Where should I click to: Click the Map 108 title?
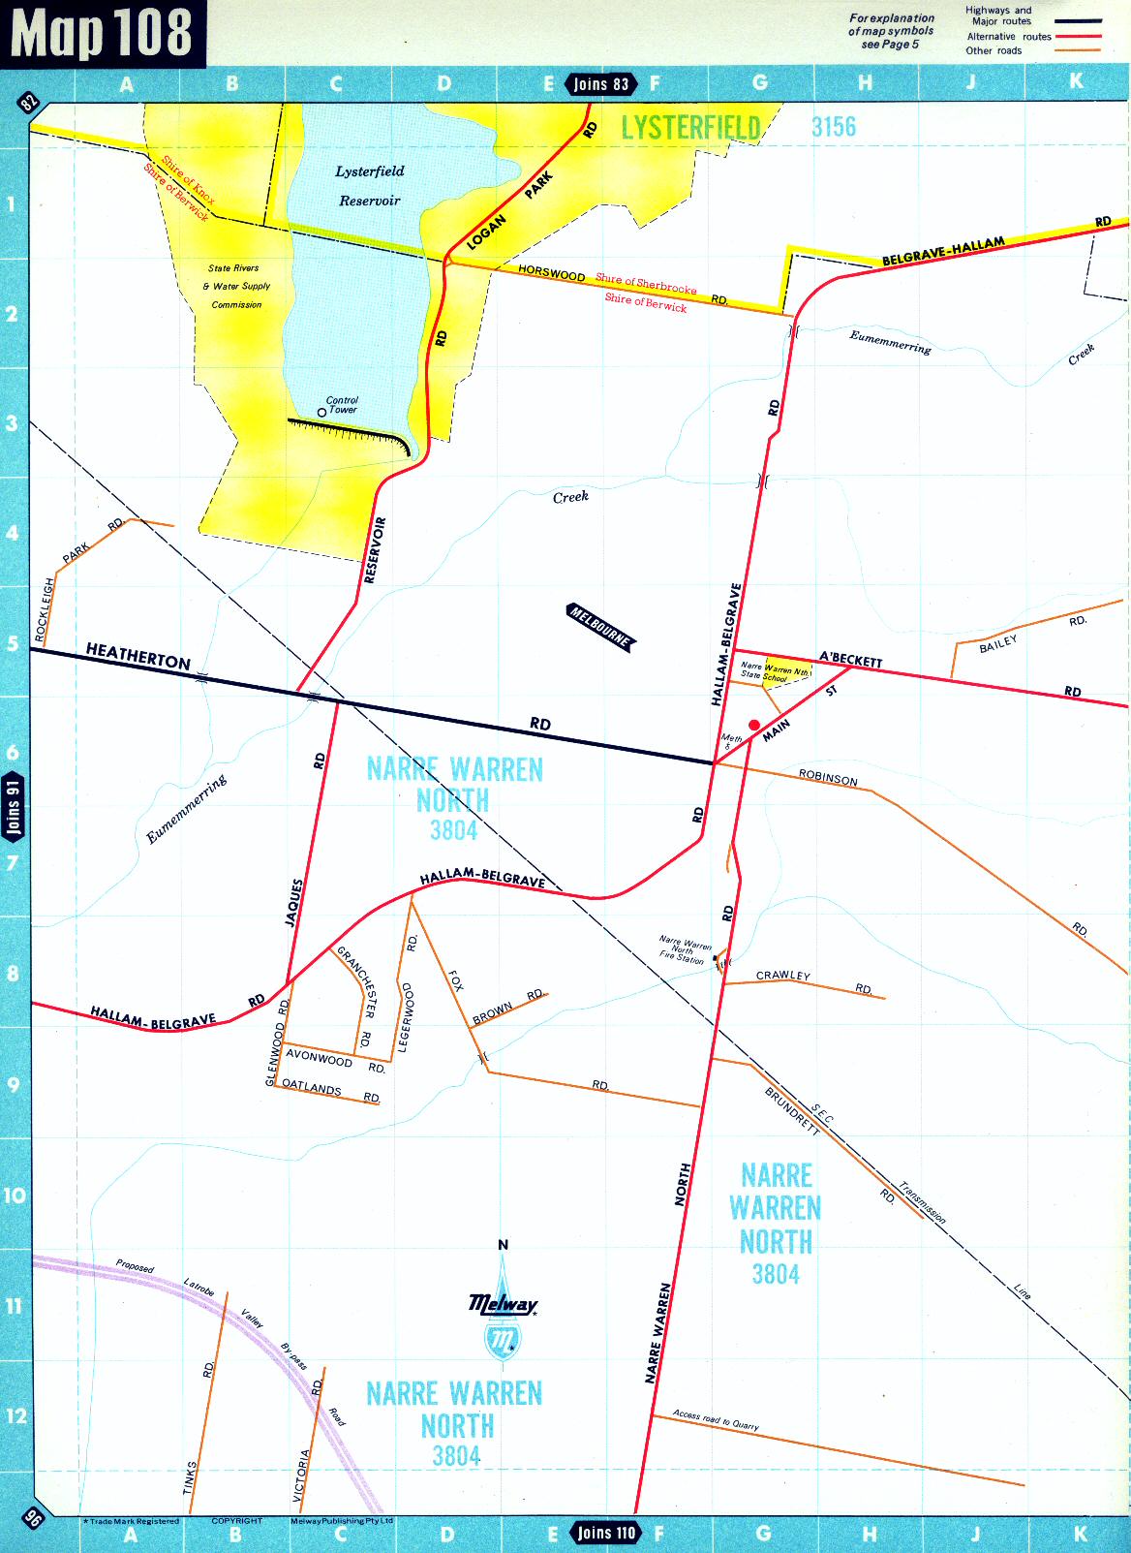(102, 33)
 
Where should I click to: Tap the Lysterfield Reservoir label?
(369, 186)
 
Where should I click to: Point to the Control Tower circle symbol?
(321, 413)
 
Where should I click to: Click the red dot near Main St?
(754, 725)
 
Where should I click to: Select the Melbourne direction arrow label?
(599, 626)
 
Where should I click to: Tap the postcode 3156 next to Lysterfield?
(833, 127)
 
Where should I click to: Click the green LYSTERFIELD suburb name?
(689, 127)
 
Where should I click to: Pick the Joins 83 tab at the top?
(600, 84)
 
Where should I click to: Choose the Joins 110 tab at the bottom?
(606, 1533)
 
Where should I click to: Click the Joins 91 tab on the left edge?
(14, 806)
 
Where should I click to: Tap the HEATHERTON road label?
(138, 656)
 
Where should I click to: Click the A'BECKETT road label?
(850, 660)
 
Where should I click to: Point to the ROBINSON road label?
(828, 778)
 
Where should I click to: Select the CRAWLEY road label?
(782, 976)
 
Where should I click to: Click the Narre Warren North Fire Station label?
(684, 949)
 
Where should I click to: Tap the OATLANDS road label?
(311, 1088)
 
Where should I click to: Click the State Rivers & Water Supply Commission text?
(235, 286)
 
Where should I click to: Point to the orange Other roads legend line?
(1079, 50)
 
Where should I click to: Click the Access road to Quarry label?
(716, 1419)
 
